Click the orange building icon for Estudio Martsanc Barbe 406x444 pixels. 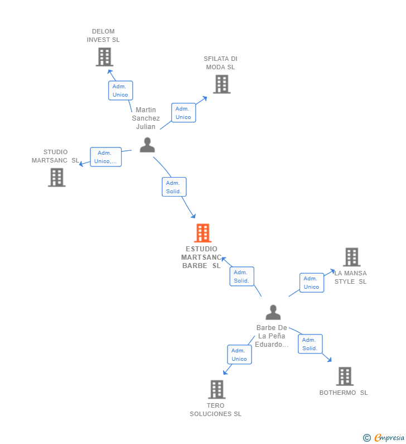202,233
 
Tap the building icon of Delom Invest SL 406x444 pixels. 104,56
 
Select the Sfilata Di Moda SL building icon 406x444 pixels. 221,84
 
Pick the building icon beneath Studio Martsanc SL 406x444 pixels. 56,177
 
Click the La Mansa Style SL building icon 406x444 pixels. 351,257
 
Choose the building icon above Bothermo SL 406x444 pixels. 345,376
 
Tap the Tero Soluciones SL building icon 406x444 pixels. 216,389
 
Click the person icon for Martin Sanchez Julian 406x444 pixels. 147,145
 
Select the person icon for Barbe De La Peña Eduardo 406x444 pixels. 273,312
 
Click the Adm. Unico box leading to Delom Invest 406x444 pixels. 120,90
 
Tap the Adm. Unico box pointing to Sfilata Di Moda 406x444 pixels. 183,113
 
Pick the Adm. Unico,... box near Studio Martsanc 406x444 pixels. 105,157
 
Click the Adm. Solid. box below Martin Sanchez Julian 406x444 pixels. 174,187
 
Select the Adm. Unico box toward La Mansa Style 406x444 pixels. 311,283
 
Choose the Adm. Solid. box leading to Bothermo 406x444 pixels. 310,344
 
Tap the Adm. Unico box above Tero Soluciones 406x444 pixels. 239,355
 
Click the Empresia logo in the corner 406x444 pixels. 384,438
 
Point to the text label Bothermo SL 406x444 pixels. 344,393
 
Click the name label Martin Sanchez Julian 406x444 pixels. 146,118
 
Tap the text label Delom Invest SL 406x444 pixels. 103,36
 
